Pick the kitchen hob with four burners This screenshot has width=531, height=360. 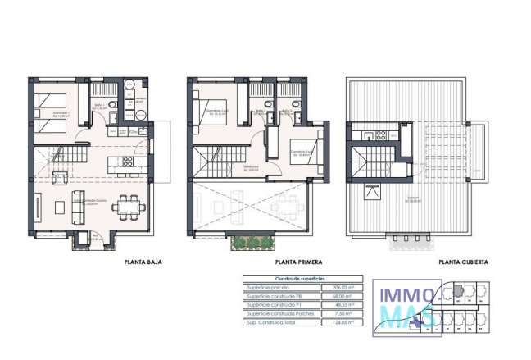tap(127, 161)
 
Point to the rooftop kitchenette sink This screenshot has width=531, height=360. tap(369, 136)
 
